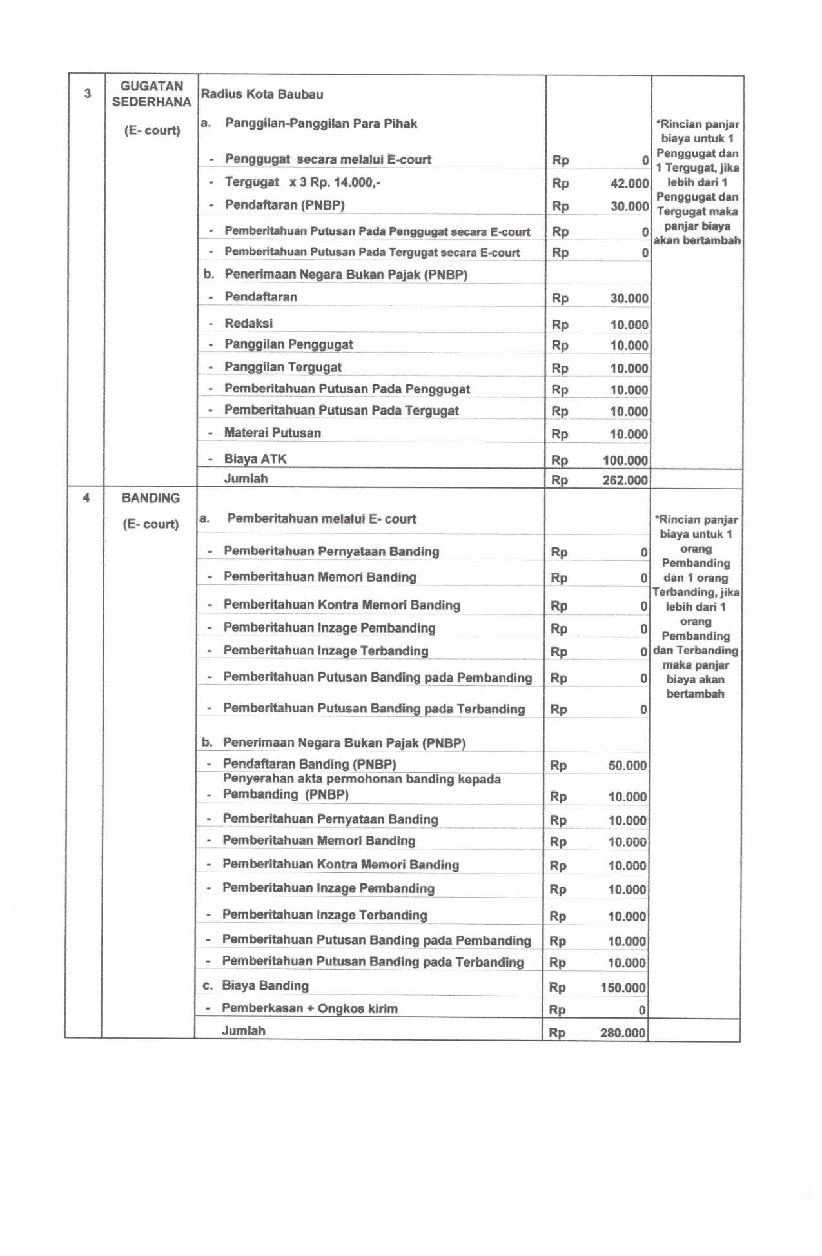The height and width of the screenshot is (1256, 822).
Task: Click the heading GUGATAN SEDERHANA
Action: click(x=152, y=94)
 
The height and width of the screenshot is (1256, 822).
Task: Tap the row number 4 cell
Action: click(x=86, y=498)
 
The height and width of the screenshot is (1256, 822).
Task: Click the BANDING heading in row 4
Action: click(x=151, y=498)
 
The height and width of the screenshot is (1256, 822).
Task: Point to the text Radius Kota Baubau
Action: click(x=262, y=94)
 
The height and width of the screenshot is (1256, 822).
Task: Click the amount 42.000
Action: click(x=629, y=183)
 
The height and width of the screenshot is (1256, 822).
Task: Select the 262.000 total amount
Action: click(x=625, y=480)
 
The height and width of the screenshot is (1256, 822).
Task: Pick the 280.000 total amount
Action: click(x=623, y=1033)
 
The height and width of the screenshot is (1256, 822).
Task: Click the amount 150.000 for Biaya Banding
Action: click(x=623, y=987)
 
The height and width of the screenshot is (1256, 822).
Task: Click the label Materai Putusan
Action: click(x=272, y=433)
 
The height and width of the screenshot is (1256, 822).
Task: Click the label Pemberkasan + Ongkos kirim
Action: click(x=309, y=1008)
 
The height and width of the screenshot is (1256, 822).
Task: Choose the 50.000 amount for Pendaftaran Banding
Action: click(x=627, y=765)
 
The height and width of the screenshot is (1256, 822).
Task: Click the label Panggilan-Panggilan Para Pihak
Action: click(x=321, y=123)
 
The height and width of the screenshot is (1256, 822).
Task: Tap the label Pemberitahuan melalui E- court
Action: click(x=322, y=518)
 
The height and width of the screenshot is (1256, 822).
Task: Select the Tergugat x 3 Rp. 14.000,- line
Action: click(x=302, y=182)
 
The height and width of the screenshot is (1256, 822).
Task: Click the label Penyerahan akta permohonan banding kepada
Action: click(x=362, y=779)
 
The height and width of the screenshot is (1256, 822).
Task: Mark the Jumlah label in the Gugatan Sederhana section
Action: click(x=246, y=478)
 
